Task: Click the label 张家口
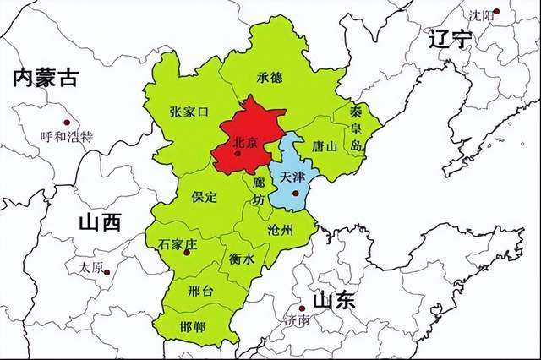pyautogui.click(x=189, y=112)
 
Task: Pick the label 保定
pyautogui.click(x=204, y=197)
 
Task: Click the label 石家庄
pyautogui.click(x=177, y=243)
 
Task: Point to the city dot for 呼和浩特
pyautogui.click(x=67, y=122)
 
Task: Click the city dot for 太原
pyautogui.click(x=107, y=272)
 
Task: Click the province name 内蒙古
pyautogui.click(x=44, y=79)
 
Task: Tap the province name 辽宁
pyautogui.click(x=449, y=40)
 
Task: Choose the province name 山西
pyautogui.click(x=99, y=222)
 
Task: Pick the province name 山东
pyautogui.click(x=333, y=300)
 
